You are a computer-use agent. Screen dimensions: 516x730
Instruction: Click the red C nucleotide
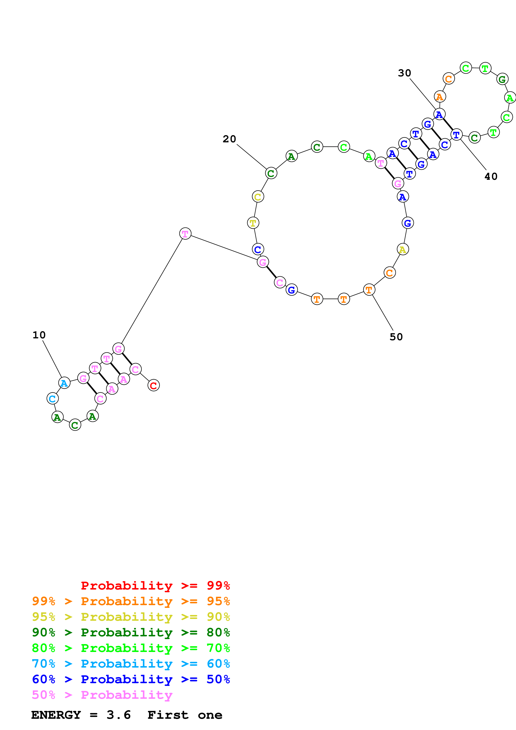click(154, 385)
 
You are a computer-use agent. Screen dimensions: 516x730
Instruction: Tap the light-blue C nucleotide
click(52, 398)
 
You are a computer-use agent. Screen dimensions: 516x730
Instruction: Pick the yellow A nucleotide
click(403, 250)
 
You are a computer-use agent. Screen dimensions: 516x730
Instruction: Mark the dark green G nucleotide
click(502, 79)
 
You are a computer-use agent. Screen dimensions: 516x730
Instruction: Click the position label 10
click(39, 335)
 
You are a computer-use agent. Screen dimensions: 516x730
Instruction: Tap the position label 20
click(229, 139)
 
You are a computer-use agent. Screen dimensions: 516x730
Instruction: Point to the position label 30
click(404, 73)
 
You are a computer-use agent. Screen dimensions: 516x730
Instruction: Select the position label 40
click(491, 176)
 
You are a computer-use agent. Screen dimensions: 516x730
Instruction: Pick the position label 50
click(396, 337)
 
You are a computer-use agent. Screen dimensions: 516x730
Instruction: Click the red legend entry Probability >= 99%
click(155, 586)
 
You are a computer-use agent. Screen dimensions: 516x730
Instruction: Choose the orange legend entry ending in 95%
click(131, 601)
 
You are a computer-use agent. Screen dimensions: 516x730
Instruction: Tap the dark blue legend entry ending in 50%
click(131, 679)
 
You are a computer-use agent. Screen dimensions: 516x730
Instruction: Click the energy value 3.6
click(119, 715)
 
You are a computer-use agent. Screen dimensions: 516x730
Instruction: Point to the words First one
click(185, 715)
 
